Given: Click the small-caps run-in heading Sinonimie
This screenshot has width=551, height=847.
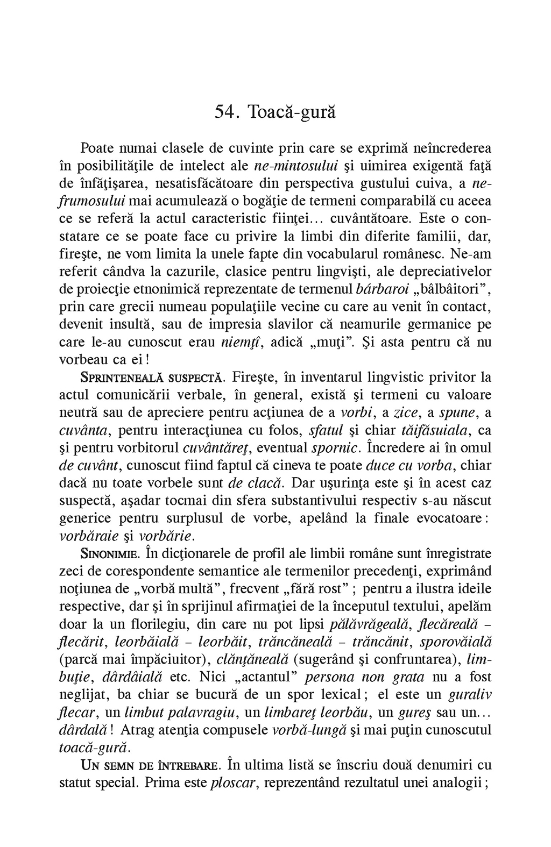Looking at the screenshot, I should click(107, 554).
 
